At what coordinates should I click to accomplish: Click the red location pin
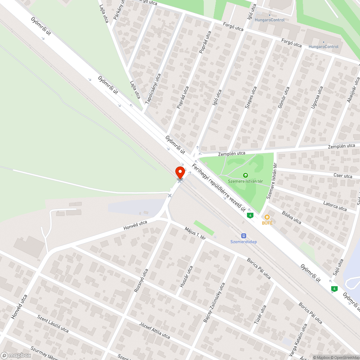coord(180,172)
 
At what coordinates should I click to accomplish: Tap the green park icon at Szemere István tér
coord(246,175)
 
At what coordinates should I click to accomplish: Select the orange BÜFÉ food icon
coord(267,217)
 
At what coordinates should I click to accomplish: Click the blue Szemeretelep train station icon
coord(244,235)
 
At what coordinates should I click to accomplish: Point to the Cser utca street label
coord(343,176)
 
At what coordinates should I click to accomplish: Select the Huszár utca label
coord(186,276)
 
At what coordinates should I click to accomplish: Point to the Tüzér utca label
coord(260,314)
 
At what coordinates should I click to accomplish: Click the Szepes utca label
coord(251,97)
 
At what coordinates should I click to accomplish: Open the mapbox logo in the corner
coord(16,355)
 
